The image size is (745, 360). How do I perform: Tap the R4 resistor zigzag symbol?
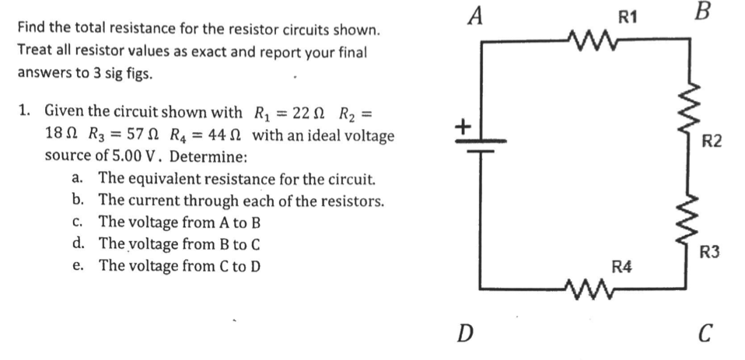(x=594, y=291)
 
